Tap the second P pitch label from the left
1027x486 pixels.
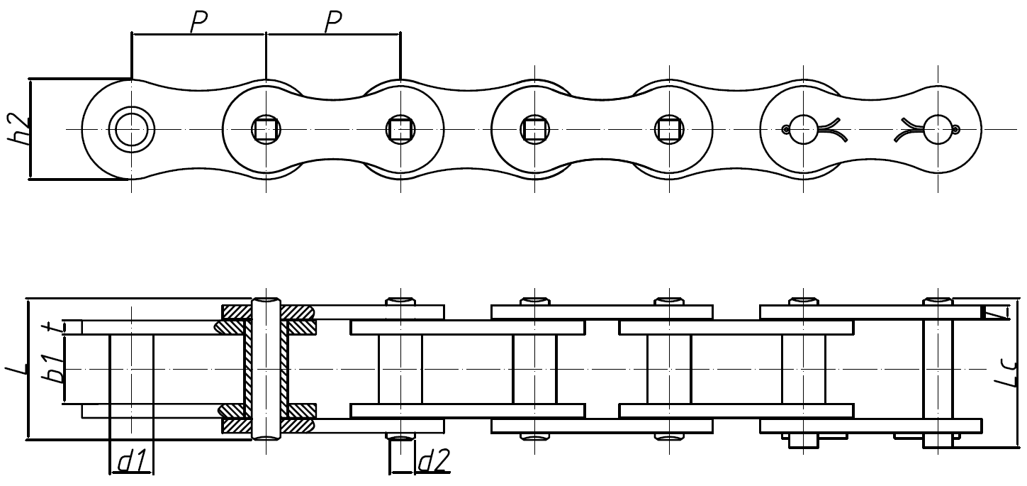click(332, 23)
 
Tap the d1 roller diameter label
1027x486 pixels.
click(131, 463)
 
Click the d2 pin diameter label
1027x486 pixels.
click(434, 463)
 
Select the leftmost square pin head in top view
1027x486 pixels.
click(266, 129)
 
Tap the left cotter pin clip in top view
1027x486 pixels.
click(812, 129)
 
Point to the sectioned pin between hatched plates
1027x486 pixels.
click(266, 369)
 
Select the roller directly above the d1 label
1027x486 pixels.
click(131, 369)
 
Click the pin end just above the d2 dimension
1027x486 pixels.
click(400, 436)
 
